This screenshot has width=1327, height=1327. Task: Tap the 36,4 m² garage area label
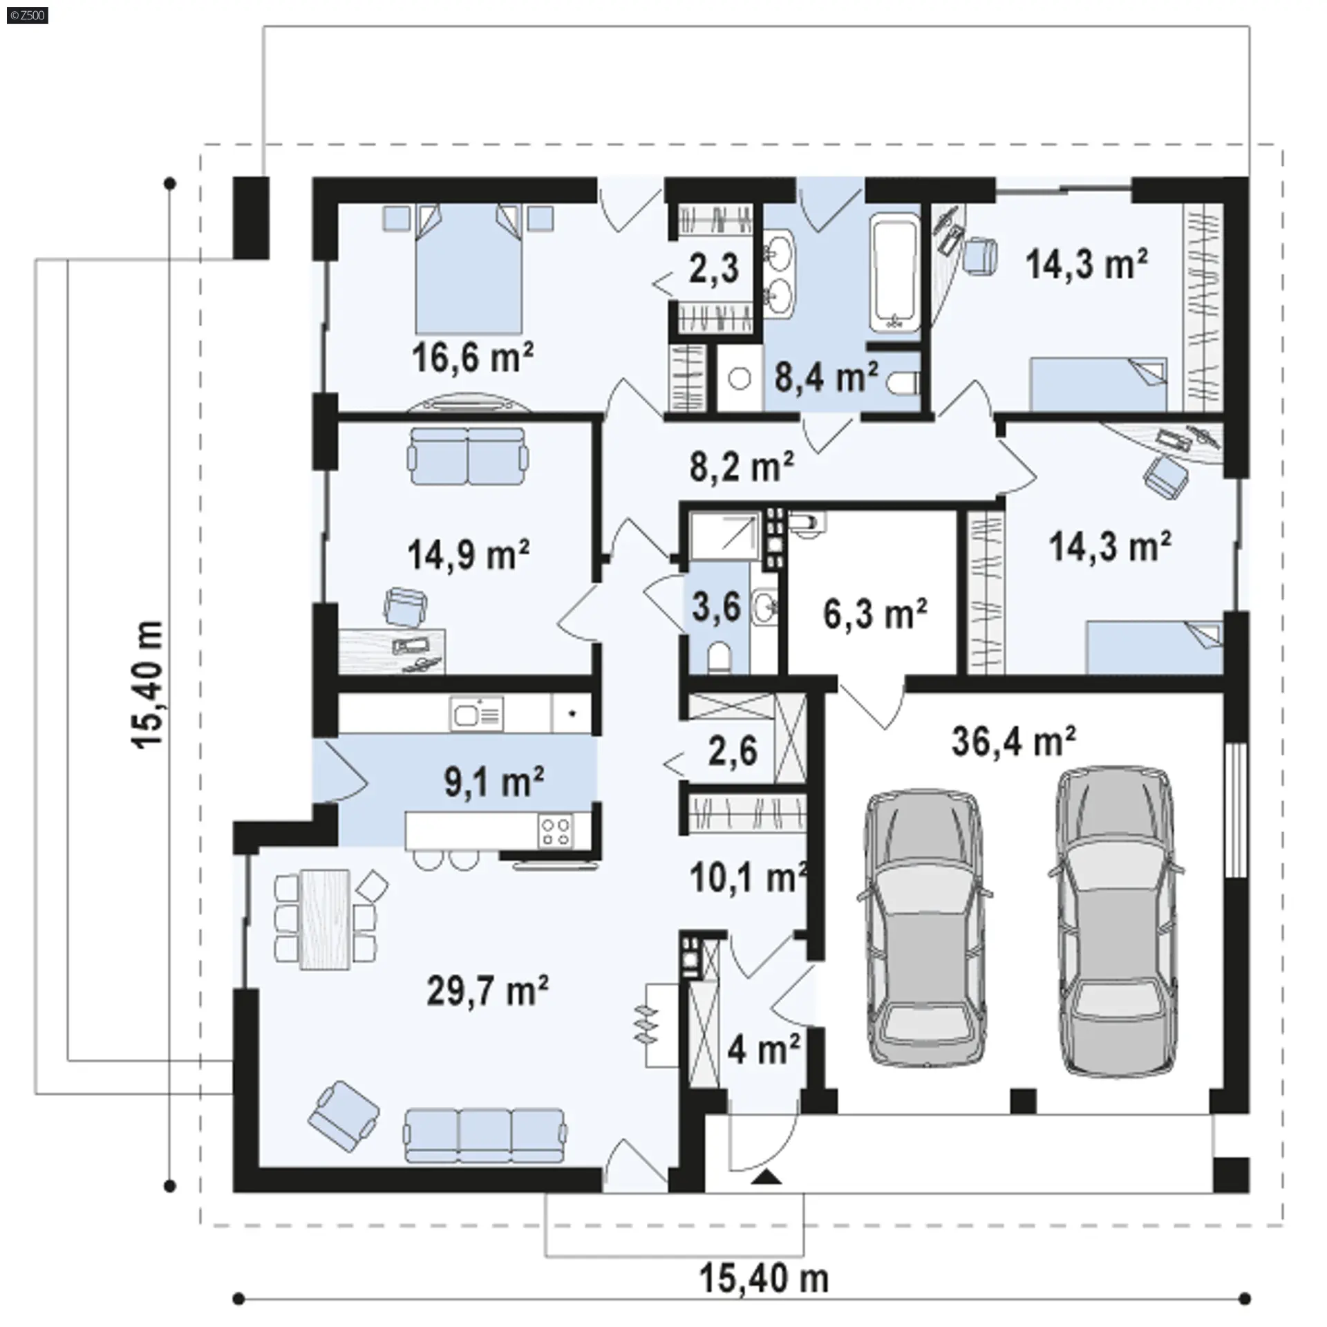point(1013,741)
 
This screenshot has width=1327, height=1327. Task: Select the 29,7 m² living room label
point(488,991)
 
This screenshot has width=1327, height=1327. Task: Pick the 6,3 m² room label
point(875,614)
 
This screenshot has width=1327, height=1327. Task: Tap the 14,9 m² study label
point(469,554)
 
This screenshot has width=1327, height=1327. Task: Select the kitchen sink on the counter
point(476,713)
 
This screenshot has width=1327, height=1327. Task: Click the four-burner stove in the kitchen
point(556,830)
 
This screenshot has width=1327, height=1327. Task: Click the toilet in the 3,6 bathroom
point(719,655)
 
